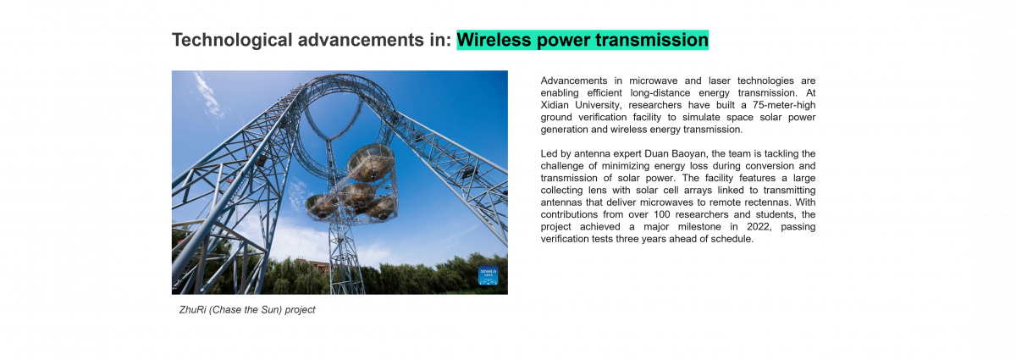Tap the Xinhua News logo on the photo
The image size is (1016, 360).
click(x=489, y=275)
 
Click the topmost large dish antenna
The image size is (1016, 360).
click(x=370, y=162)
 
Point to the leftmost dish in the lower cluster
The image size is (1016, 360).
click(x=321, y=206)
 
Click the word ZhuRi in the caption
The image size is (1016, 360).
click(x=192, y=310)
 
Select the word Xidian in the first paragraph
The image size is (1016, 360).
click(x=559, y=105)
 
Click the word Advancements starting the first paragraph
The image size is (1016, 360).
click(x=573, y=80)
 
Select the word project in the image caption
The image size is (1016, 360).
click(x=300, y=310)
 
